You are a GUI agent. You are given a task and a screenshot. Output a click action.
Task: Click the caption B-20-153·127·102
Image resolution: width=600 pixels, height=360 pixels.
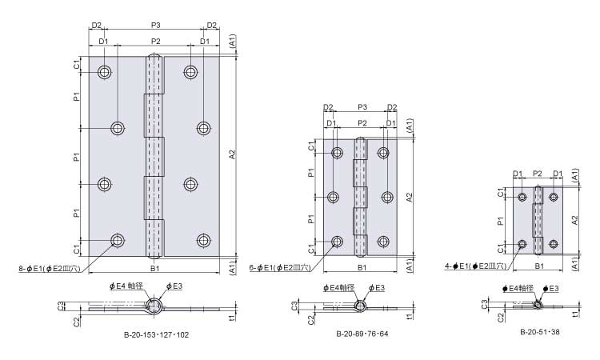(156, 334)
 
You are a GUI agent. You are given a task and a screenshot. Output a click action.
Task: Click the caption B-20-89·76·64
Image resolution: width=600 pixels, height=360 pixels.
(362, 334)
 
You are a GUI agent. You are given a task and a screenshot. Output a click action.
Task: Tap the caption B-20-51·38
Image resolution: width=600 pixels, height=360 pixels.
(540, 332)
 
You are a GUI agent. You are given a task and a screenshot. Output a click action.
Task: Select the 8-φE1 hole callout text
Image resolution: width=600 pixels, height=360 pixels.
(50, 269)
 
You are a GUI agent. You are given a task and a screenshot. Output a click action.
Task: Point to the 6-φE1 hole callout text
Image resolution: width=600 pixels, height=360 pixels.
(280, 268)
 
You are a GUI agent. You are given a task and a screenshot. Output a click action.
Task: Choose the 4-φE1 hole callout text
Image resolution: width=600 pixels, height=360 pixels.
(475, 266)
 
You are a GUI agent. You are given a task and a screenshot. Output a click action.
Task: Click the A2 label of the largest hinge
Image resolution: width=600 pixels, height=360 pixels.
(231, 154)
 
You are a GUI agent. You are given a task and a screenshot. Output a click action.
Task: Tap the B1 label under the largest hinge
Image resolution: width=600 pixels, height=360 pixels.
(154, 268)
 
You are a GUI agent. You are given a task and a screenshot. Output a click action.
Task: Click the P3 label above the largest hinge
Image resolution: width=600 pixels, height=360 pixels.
(155, 26)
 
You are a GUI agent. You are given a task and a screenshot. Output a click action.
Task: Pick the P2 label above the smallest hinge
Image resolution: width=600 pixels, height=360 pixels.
(538, 174)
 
